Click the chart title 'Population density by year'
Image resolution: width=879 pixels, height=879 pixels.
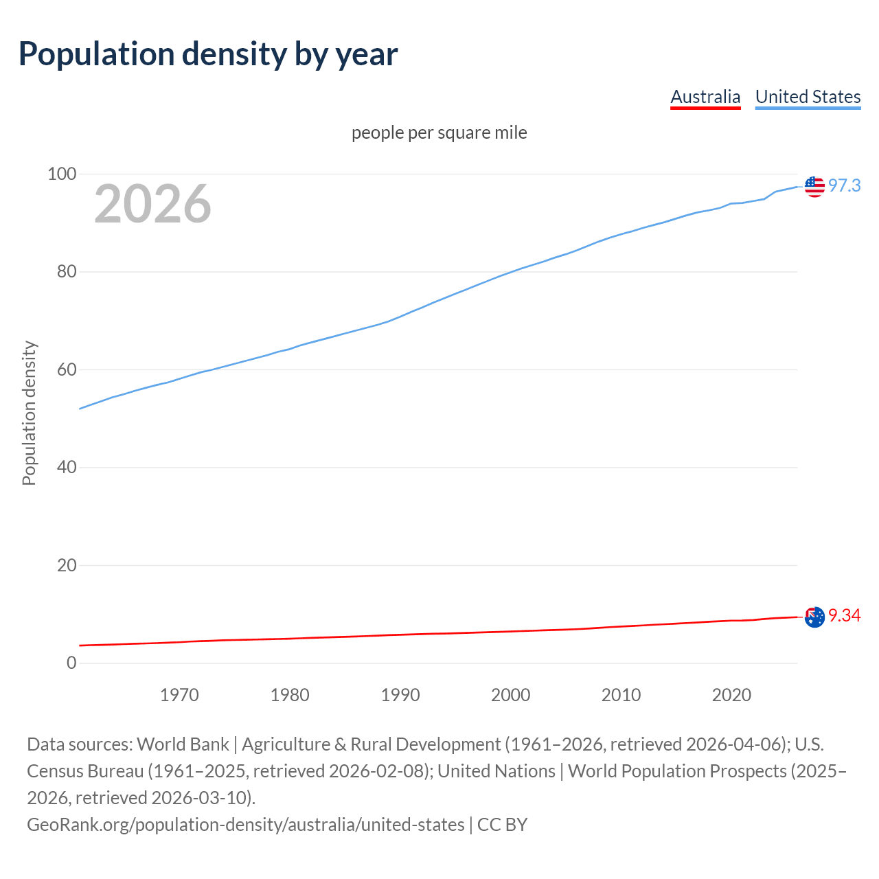208,54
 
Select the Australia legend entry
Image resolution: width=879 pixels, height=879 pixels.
705,97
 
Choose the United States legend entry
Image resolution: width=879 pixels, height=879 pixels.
808,97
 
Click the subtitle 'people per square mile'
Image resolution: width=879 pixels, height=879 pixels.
439,133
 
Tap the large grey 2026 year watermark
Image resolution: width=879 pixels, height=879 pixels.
152,204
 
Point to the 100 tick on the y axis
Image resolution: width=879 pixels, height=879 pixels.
61,174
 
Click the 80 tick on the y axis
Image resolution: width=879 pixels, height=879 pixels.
66,272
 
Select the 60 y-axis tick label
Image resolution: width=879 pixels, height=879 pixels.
66,370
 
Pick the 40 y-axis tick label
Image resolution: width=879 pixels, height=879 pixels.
66,468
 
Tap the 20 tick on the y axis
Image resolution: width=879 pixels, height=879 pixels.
66,566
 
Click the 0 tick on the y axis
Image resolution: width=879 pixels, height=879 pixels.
71,663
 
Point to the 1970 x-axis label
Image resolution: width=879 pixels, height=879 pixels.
179,695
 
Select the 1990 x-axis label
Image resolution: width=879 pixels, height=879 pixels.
400,695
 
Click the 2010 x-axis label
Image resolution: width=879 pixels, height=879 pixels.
621,695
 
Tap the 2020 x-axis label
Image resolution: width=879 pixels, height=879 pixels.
731,695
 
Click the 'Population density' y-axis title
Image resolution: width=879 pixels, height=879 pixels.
29,413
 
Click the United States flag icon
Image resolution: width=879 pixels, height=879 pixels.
814,186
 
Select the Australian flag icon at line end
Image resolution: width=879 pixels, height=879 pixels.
814,617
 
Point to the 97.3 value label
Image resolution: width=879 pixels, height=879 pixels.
844,186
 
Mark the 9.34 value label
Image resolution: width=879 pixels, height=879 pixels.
844,616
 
